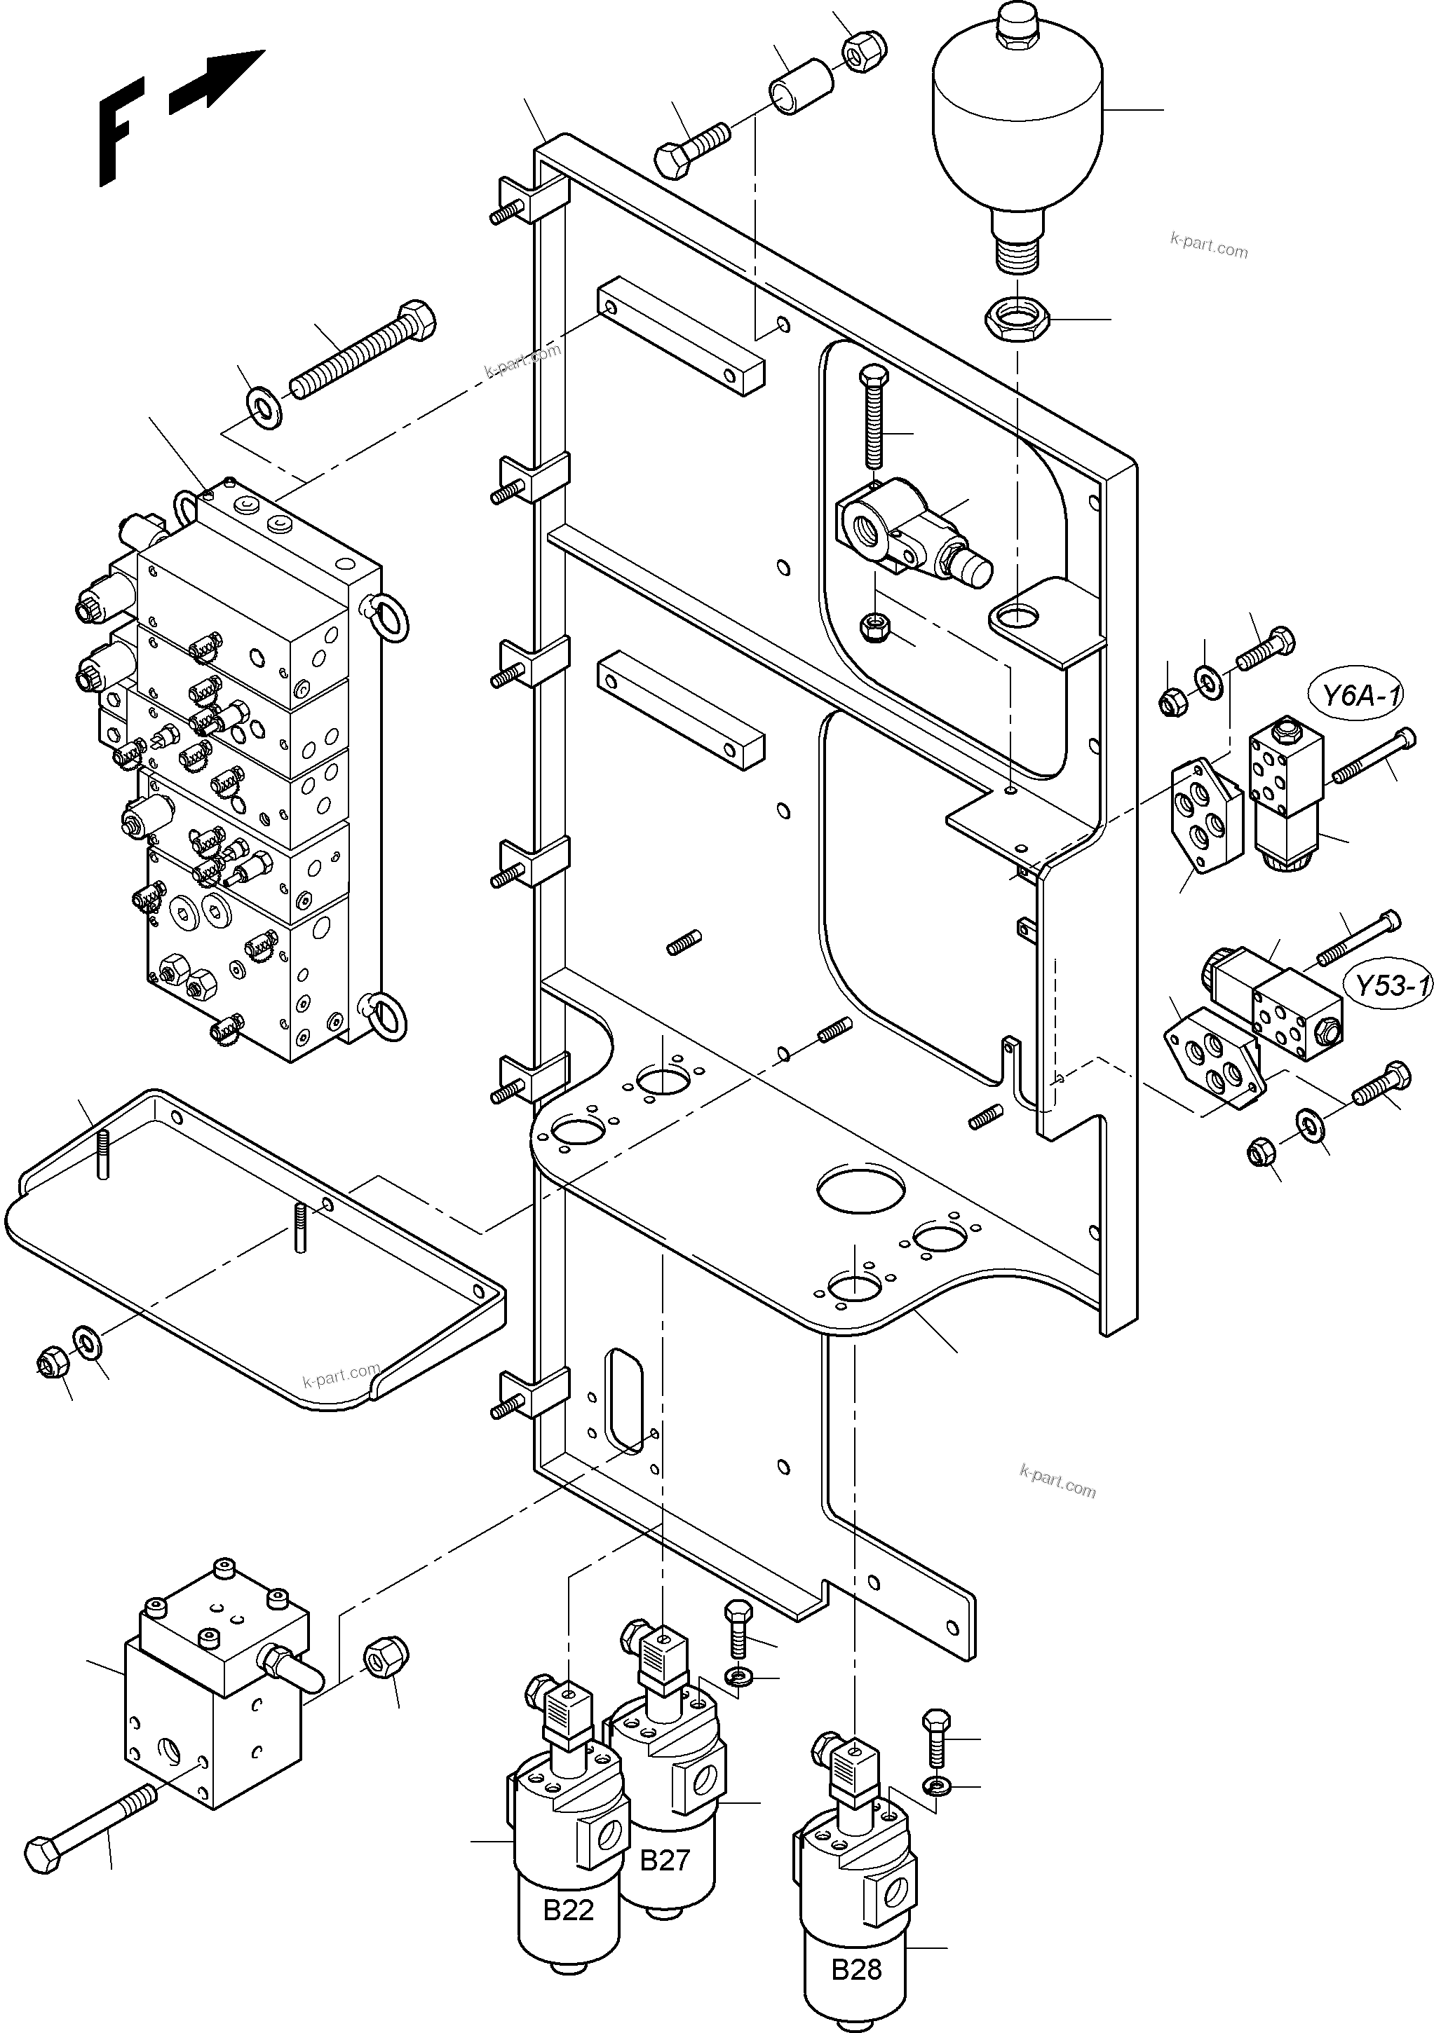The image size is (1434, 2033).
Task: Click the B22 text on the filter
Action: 568,1910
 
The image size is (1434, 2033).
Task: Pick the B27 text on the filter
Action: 664,1861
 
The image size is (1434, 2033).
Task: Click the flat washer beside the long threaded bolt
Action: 262,408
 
